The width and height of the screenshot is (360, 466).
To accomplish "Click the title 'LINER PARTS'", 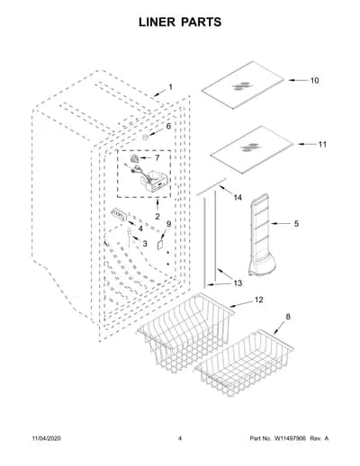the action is click(180, 22).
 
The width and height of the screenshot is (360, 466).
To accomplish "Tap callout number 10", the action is click(314, 80).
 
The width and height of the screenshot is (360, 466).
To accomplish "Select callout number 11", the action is click(322, 144).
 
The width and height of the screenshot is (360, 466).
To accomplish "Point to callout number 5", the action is click(296, 223).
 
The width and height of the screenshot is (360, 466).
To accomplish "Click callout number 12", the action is click(258, 300).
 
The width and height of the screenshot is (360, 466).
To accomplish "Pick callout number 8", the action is click(288, 317).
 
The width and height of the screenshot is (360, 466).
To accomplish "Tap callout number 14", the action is click(238, 197).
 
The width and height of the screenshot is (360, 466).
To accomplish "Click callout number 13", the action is click(238, 282).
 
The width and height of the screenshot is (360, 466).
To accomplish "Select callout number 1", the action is click(170, 87).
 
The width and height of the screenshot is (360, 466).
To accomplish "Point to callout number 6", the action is click(168, 126).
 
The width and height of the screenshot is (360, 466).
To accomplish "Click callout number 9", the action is click(168, 224).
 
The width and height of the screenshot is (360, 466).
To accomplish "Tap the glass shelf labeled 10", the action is click(243, 85).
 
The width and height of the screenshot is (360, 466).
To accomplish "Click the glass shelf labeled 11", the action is click(252, 149).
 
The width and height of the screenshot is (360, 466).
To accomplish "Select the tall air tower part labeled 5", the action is click(260, 234).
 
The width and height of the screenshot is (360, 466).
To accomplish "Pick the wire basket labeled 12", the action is click(186, 333).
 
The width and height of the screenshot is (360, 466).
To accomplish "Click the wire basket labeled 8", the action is click(244, 363).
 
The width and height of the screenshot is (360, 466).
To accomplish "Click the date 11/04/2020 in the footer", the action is click(46, 438).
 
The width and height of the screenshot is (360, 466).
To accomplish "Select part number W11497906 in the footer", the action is click(290, 438).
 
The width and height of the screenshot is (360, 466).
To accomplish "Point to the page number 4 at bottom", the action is click(180, 438).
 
